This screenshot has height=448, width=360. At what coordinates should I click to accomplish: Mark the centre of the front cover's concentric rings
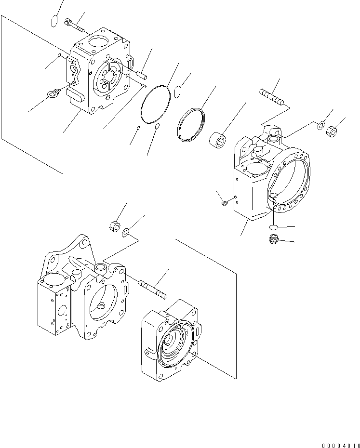171,343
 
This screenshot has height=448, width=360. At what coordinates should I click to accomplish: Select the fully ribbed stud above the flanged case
272,97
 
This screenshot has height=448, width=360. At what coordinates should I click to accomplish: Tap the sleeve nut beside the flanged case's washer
332,131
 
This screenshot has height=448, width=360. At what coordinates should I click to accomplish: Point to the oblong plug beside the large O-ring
177,91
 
